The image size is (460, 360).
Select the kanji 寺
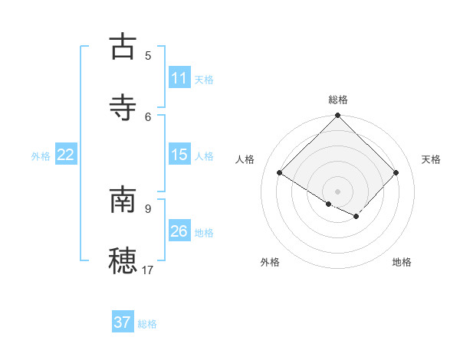tap(123, 107)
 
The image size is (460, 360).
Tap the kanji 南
tap(123, 200)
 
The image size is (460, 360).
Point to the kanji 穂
tap(123, 261)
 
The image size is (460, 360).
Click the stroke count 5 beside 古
tap(148, 55)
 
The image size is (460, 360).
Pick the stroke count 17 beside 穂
tap(148, 270)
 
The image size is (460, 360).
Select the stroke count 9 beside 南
tap(148, 208)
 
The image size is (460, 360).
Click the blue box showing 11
tap(179, 78)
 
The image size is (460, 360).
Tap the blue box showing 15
tap(179, 155)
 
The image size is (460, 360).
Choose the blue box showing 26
tap(179, 231)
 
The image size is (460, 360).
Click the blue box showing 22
tap(66, 155)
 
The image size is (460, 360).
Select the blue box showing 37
tap(123, 322)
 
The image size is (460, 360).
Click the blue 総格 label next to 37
tap(147, 324)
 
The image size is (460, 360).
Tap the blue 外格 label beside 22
tap(41, 156)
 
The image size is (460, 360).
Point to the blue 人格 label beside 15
tap(204, 156)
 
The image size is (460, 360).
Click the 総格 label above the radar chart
tap(338, 100)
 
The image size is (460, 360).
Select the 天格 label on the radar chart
tap(431, 159)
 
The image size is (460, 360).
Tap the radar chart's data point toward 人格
tap(280, 173)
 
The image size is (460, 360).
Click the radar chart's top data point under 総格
tap(338, 116)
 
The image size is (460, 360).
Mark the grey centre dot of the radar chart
tap(338, 191)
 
